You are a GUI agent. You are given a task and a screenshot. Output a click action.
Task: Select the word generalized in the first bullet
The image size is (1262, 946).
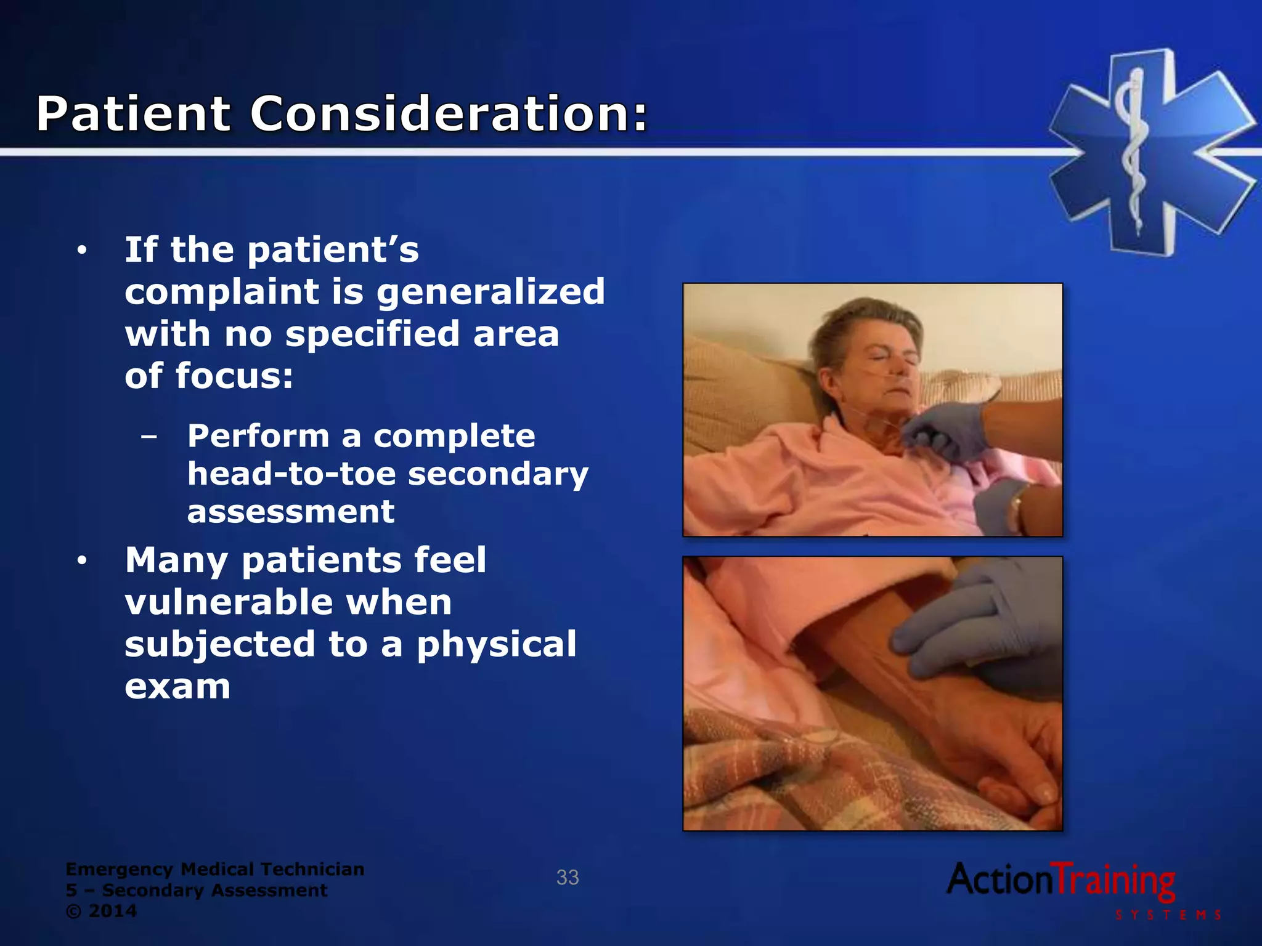pyautogui.click(x=491, y=293)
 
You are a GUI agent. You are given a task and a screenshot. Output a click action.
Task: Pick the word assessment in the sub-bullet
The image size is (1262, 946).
pyautogui.click(x=291, y=512)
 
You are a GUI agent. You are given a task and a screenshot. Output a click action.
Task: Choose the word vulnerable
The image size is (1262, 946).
pyautogui.click(x=288, y=602)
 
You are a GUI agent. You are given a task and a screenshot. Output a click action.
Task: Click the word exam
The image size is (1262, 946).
pyautogui.click(x=177, y=687)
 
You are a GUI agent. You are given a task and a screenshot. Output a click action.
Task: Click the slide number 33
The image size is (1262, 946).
pyautogui.click(x=568, y=878)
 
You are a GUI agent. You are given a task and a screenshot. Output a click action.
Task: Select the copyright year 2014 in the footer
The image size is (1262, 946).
pyautogui.click(x=113, y=911)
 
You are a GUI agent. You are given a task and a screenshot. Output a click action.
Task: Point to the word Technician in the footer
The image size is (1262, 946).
pyautogui.click(x=312, y=869)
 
